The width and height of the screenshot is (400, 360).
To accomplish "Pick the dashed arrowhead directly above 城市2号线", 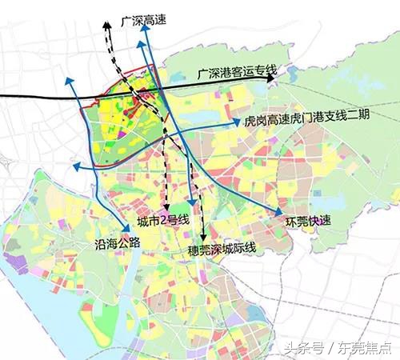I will (165, 209).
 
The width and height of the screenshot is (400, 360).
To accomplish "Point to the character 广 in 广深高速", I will (123, 18).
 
